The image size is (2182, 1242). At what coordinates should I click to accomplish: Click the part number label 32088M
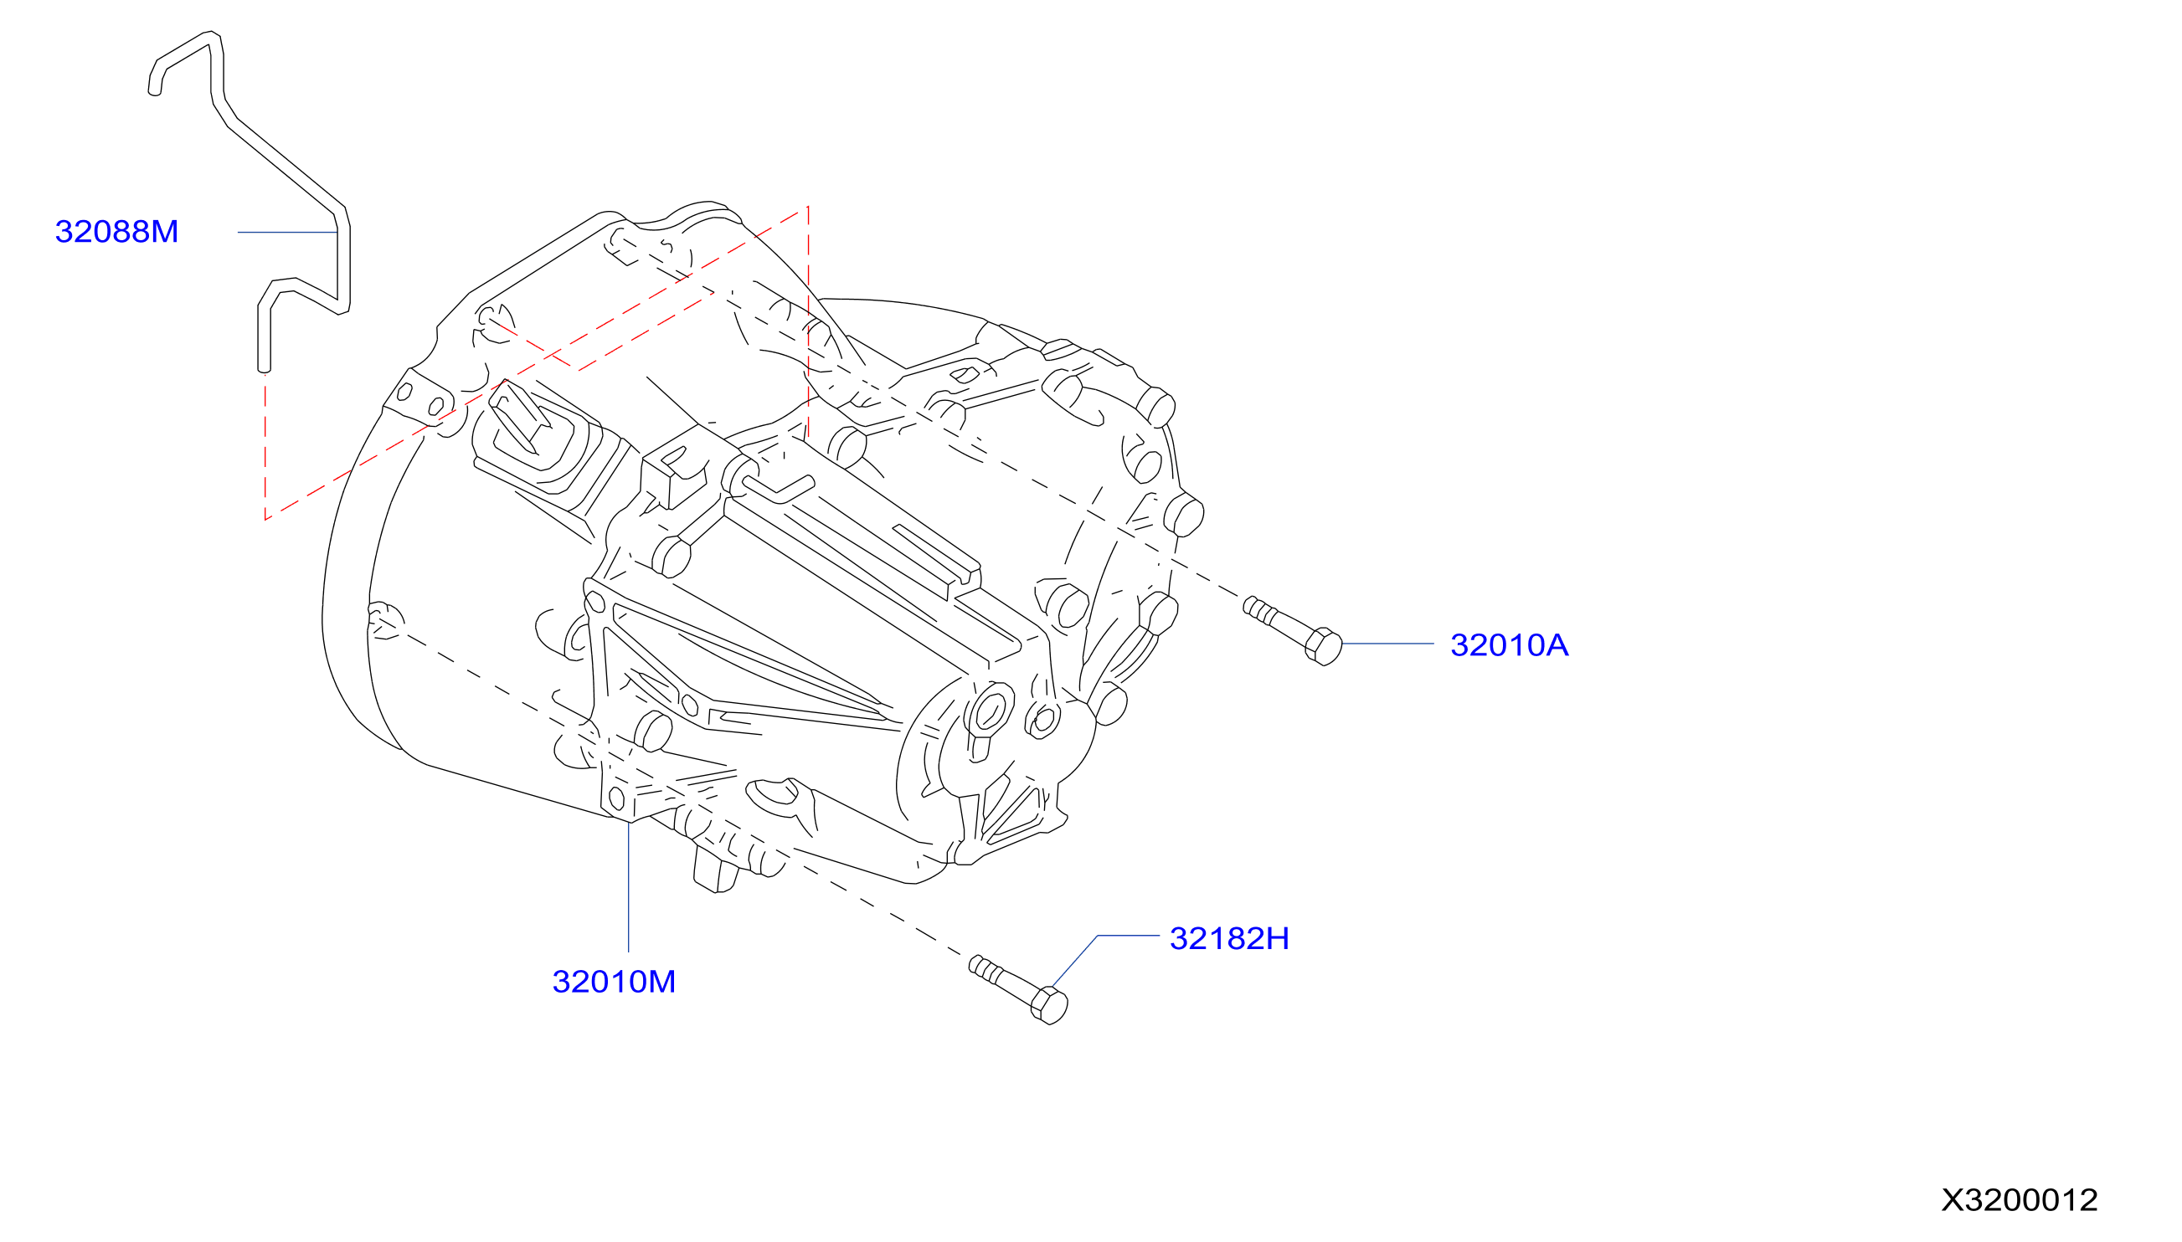click(x=116, y=231)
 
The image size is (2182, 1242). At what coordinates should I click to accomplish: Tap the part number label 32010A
click(x=1509, y=645)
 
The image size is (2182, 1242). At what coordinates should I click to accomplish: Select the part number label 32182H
click(x=1229, y=938)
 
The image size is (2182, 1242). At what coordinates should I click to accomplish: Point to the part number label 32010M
click(x=614, y=982)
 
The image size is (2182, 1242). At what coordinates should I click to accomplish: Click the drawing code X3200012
click(x=2019, y=1200)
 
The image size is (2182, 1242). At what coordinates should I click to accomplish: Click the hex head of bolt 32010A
click(x=1324, y=647)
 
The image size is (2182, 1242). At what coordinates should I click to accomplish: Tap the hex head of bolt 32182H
click(x=1050, y=1005)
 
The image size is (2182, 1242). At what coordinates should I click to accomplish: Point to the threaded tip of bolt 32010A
click(x=1251, y=605)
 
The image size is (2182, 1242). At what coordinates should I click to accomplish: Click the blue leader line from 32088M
click(x=287, y=232)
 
